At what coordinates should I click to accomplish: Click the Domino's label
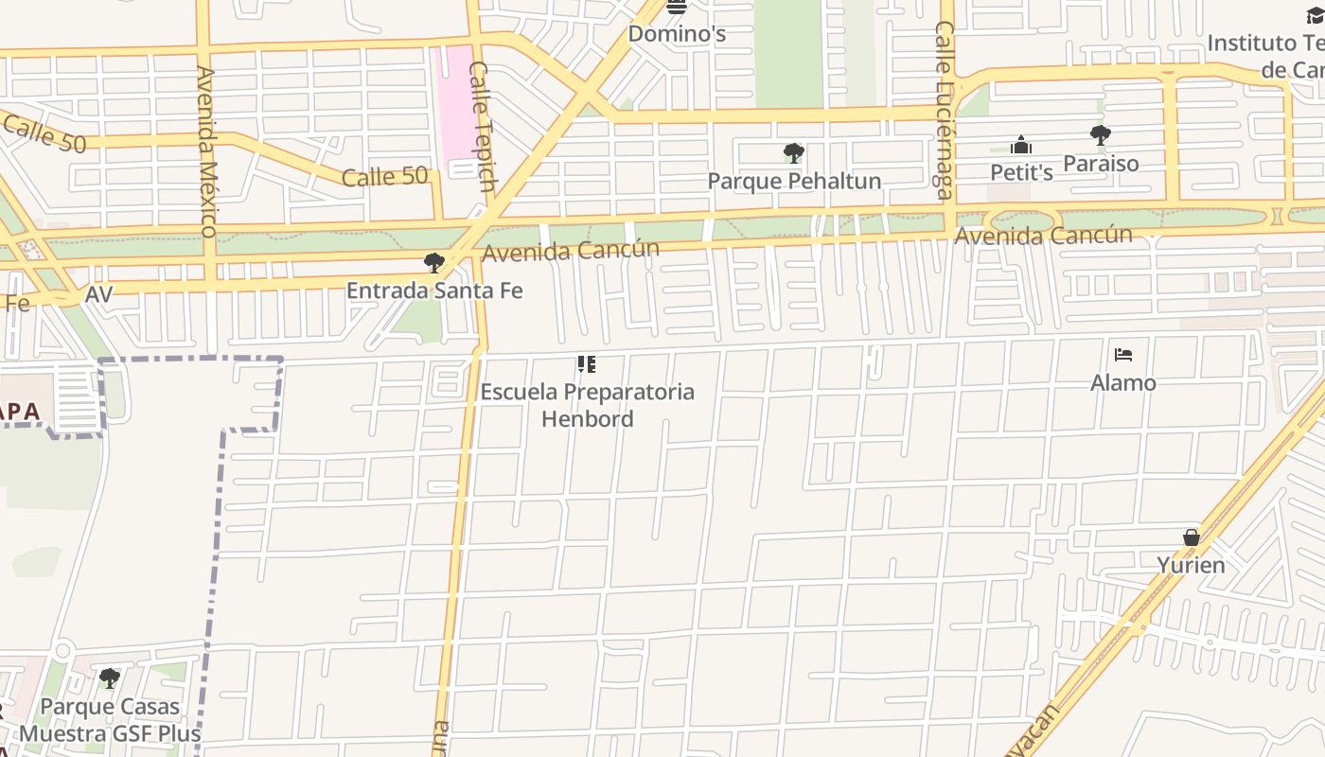677,34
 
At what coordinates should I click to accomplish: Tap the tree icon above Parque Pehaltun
794,153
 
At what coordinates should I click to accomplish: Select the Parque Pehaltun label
794,181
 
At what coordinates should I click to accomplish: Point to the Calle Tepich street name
482,126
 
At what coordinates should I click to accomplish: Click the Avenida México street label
207,151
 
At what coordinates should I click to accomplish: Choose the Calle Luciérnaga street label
945,111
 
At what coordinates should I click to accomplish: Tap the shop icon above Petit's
1021,146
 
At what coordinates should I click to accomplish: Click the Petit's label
1021,172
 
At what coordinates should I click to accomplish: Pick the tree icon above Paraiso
1100,135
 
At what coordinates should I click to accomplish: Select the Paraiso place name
1101,164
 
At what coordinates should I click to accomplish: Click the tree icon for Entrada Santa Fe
434,263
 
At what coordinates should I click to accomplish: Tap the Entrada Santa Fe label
434,290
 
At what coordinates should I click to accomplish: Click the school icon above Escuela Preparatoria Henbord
587,364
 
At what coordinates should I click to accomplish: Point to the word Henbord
587,418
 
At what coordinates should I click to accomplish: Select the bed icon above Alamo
1123,356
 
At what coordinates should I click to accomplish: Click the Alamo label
1123,382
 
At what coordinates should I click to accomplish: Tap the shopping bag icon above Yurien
1192,537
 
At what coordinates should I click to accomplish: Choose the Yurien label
1191,565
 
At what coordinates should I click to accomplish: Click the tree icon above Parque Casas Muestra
110,678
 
